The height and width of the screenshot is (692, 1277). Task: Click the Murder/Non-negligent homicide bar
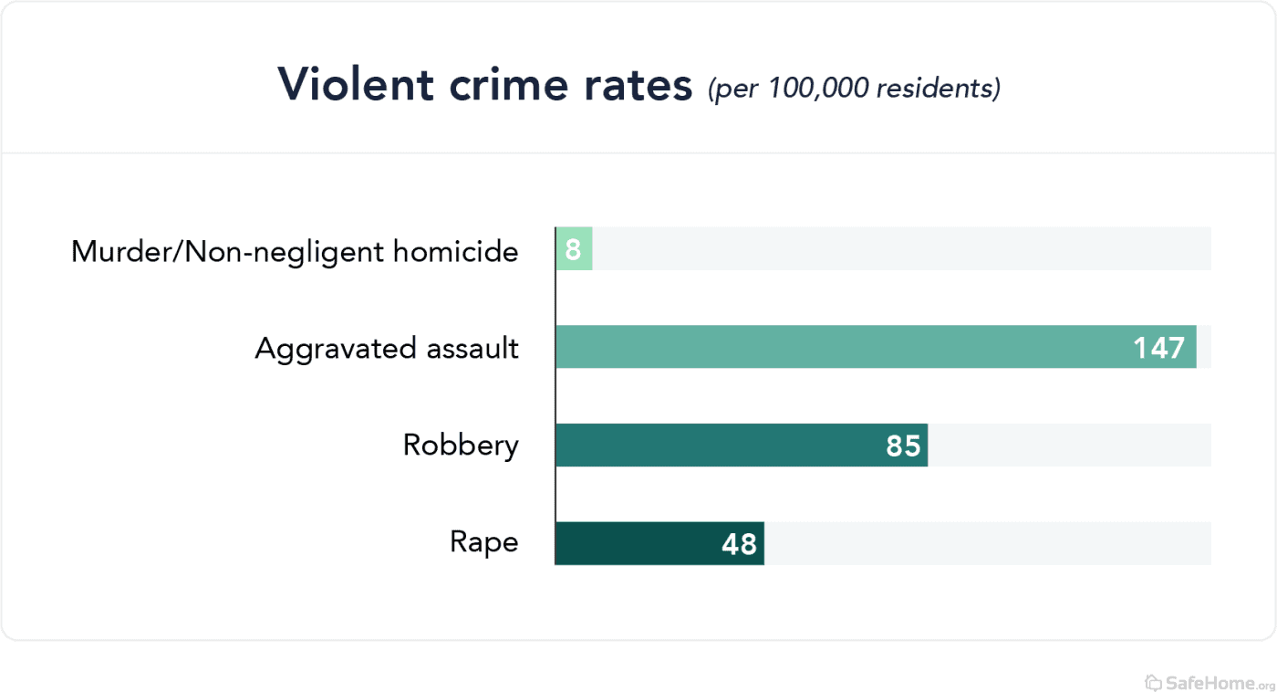coord(574,248)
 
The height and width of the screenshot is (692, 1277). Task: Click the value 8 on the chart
coord(573,249)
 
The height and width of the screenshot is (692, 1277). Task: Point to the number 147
coord(1158,348)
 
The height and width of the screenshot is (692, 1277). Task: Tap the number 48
coord(739,544)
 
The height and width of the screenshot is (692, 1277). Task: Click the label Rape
coord(483,542)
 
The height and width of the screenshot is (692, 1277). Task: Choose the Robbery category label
coord(461,446)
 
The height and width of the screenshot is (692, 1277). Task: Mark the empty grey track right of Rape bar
coord(985,543)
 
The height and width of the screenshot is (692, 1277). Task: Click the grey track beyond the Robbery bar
coord(1067,446)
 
